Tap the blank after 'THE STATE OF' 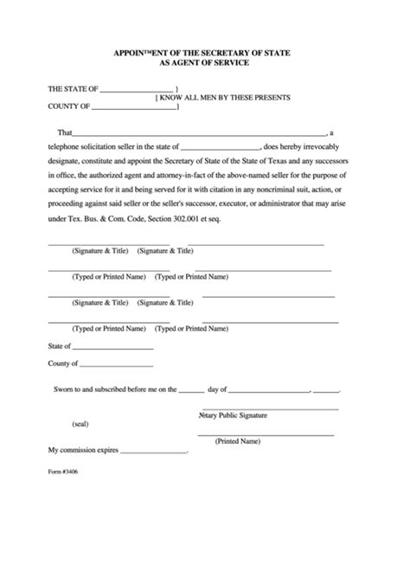coord(138,89)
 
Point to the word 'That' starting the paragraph coord(64,133)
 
